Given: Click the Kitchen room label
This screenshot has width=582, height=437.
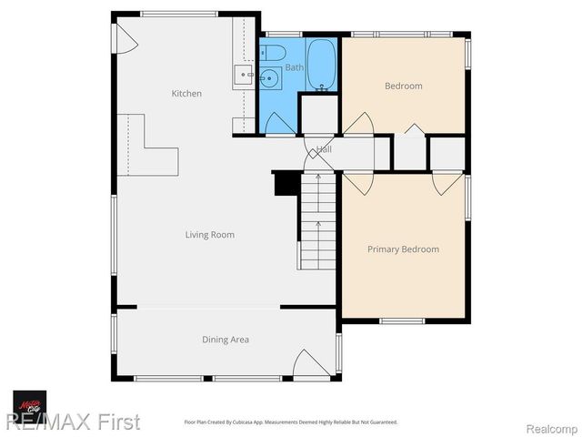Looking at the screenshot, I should (186, 94).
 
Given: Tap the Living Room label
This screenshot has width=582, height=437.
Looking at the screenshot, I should (210, 235).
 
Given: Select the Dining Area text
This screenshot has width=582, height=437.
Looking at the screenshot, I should (226, 340).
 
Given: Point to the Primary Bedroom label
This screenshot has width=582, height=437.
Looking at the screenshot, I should (403, 249).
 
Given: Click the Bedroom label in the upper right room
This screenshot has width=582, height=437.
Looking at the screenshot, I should (404, 86).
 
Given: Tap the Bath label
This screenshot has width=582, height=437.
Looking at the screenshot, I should (295, 68).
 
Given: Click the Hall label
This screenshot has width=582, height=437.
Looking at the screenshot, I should (324, 149).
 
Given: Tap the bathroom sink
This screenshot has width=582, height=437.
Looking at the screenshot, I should (270, 79).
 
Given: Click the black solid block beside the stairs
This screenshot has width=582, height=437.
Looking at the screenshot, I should (286, 183).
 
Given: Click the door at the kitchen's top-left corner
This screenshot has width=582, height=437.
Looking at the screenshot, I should (124, 36).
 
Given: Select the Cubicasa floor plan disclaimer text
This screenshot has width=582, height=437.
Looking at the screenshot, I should (291, 422).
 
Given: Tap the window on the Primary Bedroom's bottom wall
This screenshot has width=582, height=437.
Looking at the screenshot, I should (403, 320).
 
